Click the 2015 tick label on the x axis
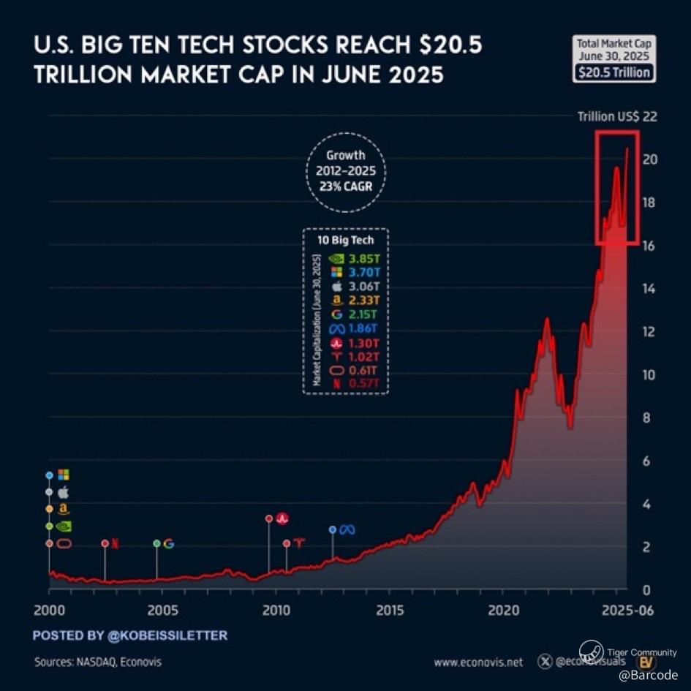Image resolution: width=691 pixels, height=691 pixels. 390,611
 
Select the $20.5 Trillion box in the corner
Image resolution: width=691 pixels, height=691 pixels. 614,72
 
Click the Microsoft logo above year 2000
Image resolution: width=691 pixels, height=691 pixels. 64,475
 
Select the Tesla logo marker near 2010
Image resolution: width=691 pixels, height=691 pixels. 299,543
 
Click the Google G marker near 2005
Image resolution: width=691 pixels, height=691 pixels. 169,543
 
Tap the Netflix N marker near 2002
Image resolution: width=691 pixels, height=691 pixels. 115,543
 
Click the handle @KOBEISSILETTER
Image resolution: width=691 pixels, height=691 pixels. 167,635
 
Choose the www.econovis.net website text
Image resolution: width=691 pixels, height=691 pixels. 478,662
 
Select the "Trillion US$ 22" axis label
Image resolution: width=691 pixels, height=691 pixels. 613,116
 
